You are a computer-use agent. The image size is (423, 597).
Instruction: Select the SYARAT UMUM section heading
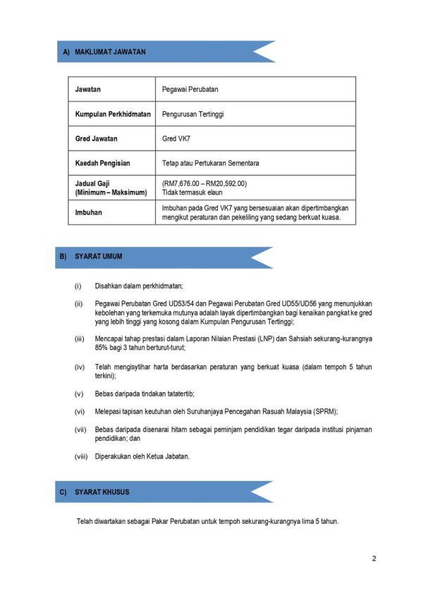98,257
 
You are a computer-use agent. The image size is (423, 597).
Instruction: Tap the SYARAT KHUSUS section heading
102,492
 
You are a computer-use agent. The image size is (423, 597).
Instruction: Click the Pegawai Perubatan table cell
190,89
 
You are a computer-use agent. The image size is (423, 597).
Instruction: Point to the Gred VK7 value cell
176,139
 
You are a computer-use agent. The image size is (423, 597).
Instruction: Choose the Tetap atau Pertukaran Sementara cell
210,163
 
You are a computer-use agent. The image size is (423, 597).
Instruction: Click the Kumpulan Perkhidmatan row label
113,114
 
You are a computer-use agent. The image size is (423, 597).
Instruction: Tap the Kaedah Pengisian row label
103,163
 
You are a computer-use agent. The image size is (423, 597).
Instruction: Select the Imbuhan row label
89,212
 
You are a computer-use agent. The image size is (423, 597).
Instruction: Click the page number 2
374,559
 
